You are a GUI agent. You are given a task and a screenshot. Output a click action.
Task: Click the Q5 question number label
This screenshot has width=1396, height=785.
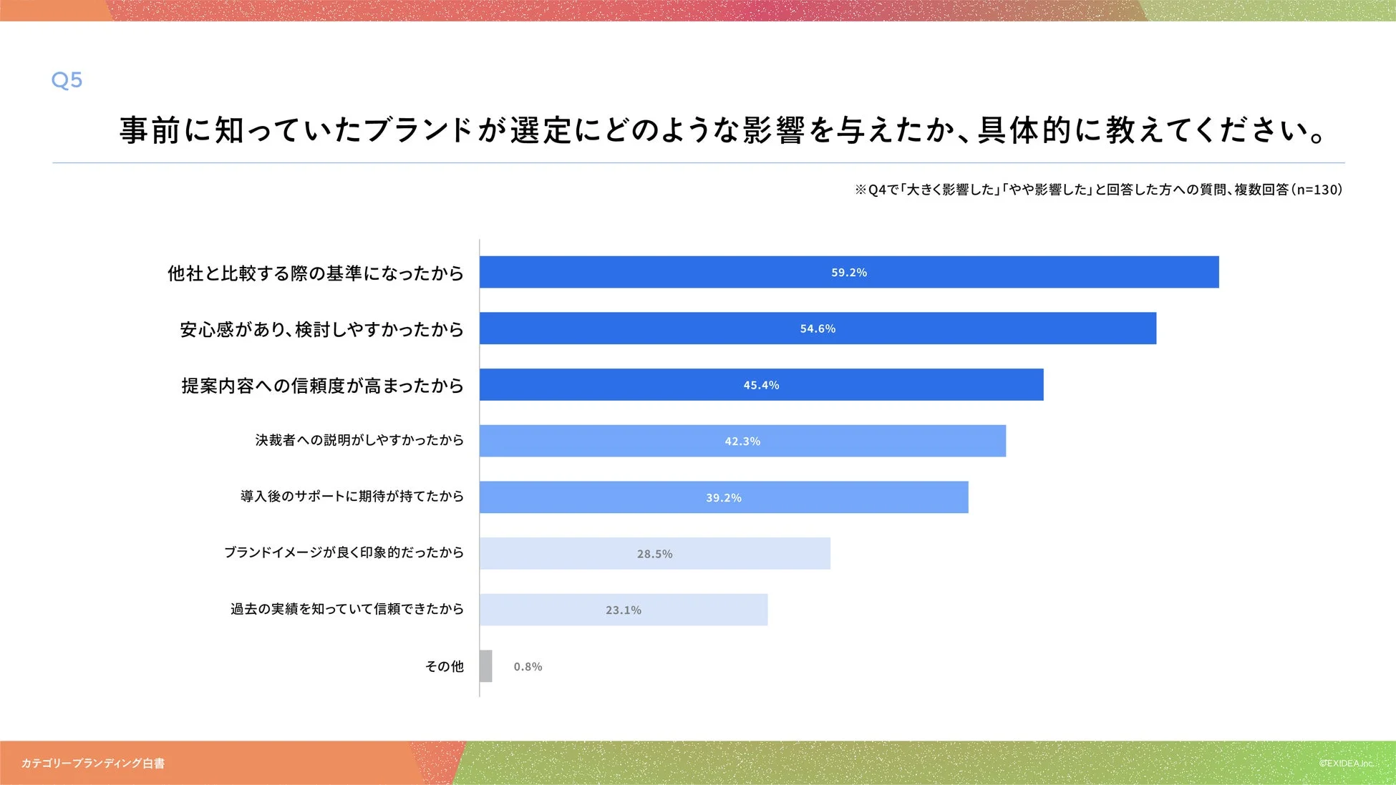(x=67, y=79)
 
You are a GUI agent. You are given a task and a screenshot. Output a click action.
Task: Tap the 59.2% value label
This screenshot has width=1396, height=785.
(x=848, y=273)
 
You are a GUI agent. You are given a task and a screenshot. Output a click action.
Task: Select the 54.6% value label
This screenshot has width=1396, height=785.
(x=818, y=328)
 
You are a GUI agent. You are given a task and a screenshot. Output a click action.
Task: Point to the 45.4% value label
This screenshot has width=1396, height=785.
(x=761, y=385)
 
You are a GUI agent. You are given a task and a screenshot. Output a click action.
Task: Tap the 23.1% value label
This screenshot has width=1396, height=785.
(x=624, y=610)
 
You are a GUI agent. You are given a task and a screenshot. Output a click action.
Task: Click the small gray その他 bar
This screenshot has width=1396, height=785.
(x=486, y=666)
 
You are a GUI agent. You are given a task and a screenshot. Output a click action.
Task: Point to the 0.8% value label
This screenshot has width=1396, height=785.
(x=528, y=667)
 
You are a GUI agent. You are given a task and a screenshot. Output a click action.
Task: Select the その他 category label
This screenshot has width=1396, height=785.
(x=445, y=667)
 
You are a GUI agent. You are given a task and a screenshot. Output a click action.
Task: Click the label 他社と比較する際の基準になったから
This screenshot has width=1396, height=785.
(x=315, y=273)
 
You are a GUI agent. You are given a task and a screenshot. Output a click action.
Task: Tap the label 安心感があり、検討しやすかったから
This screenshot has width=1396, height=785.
(x=321, y=329)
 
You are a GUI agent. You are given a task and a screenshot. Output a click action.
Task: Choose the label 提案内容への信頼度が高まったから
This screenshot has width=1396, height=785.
(x=322, y=386)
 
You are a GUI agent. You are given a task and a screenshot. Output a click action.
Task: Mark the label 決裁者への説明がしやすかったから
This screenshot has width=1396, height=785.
(x=359, y=440)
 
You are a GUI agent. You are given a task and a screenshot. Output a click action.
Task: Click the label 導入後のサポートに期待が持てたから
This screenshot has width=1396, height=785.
(x=352, y=497)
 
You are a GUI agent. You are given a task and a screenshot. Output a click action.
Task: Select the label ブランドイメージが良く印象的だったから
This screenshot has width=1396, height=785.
(x=344, y=552)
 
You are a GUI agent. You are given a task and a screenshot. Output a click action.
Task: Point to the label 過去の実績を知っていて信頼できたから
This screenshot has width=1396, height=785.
(x=346, y=609)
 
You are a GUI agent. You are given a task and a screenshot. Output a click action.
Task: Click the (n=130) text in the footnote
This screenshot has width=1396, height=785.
(x=1317, y=190)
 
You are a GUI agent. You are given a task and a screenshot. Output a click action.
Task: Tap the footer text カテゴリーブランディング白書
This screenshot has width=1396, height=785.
(x=93, y=764)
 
